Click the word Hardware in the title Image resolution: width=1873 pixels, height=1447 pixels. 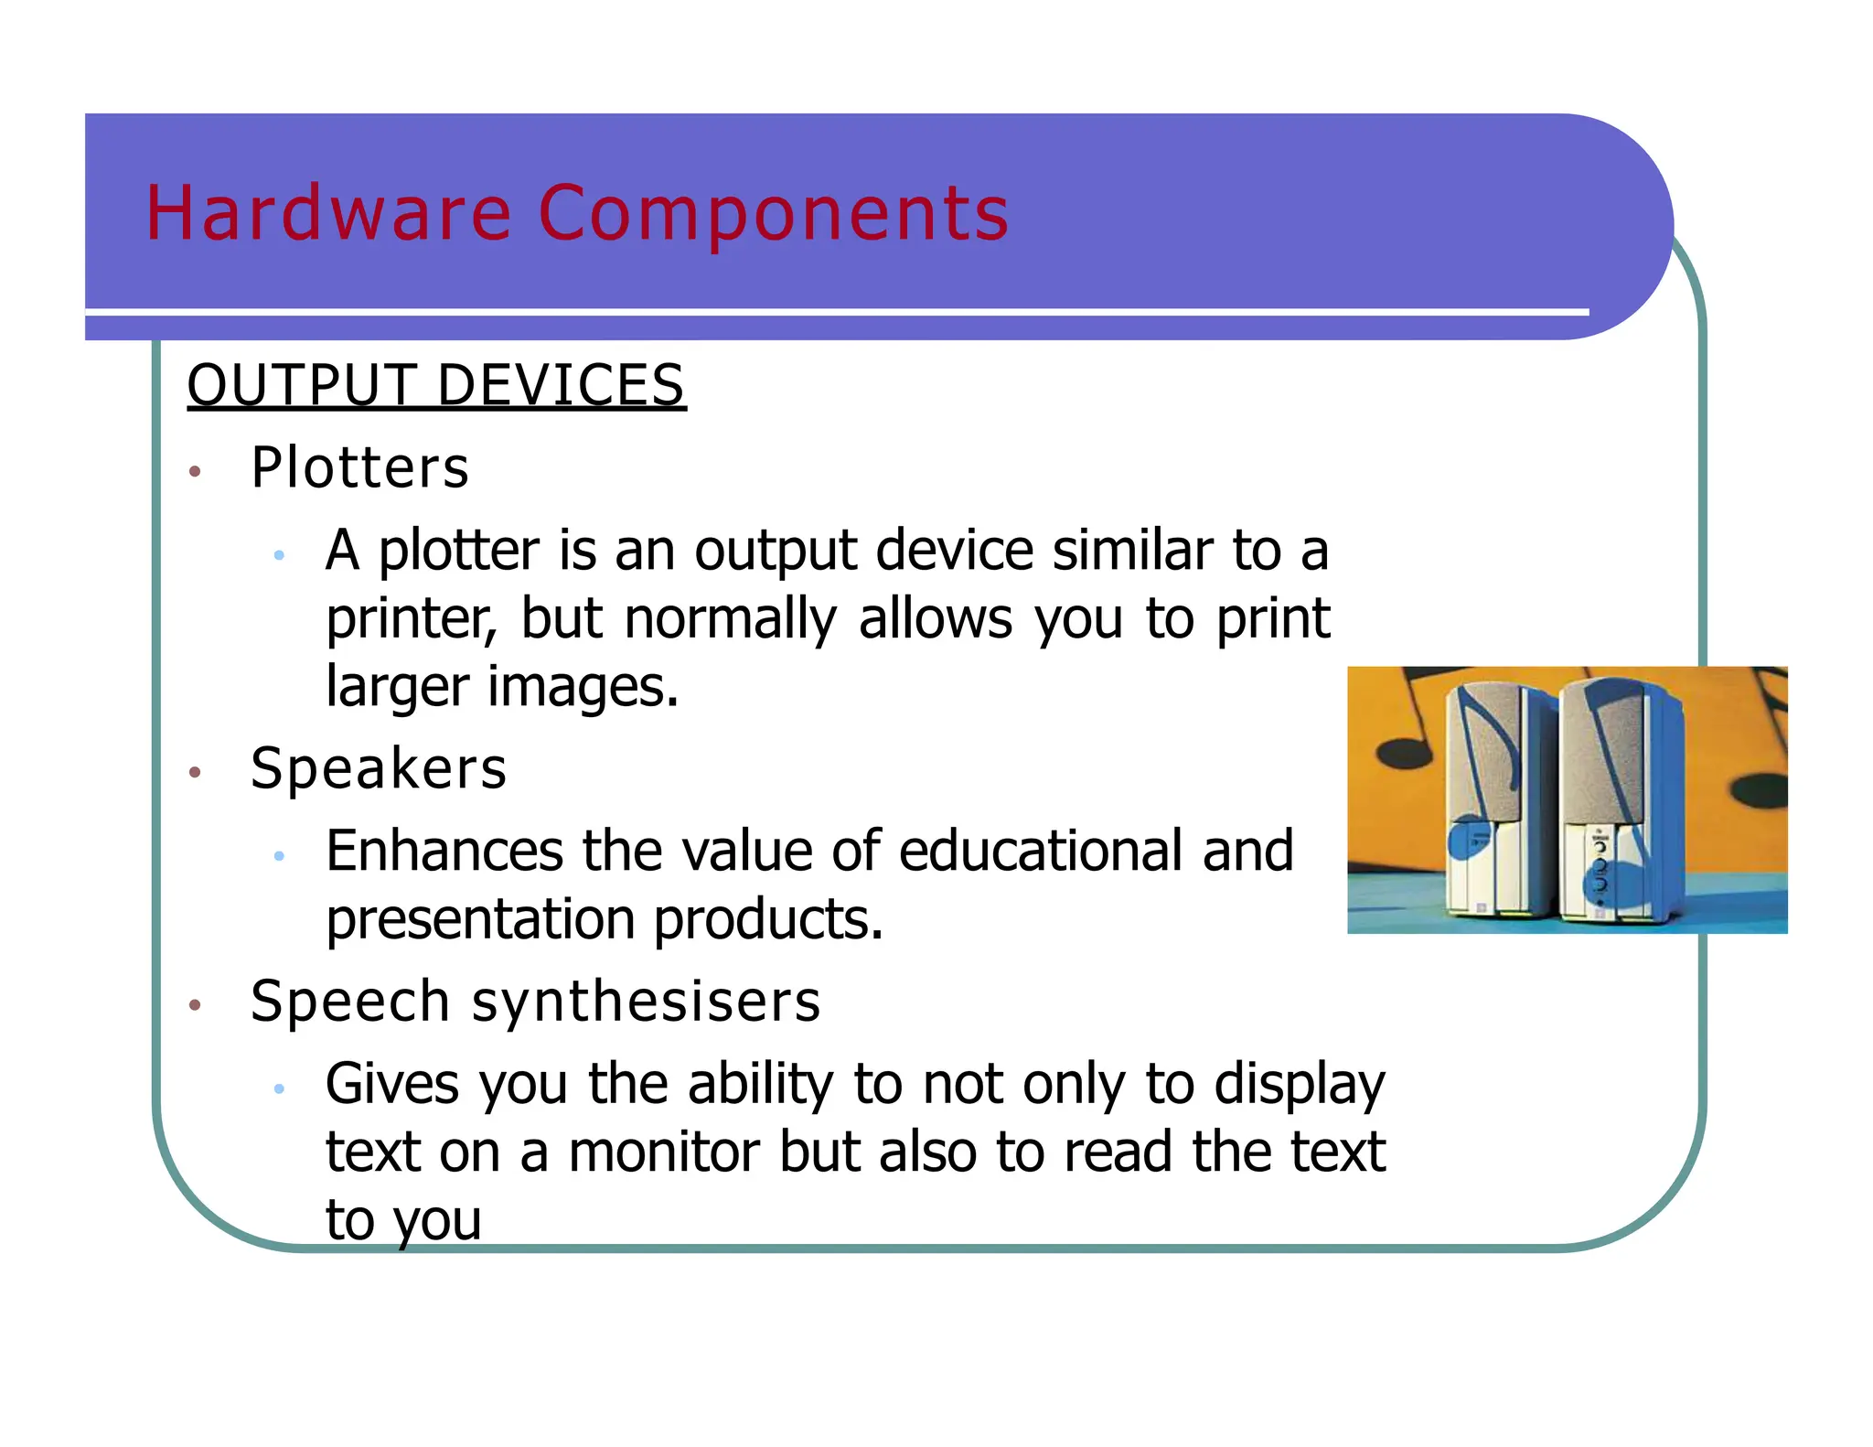coord(328,213)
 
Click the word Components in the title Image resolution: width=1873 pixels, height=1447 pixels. coord(773,213)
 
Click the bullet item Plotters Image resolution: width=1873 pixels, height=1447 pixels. coord(359,467)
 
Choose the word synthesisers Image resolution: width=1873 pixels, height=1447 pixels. coord(646,1001)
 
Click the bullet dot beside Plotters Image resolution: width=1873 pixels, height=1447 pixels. coord(194,472)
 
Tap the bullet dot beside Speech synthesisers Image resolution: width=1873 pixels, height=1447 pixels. coord(194,1005)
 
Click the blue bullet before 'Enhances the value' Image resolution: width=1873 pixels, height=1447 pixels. coord(279,855)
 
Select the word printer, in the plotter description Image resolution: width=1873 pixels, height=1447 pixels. coord(412,618)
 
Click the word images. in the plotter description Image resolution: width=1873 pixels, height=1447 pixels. coord(583,687)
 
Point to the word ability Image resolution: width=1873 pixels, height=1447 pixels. coord(760,1084)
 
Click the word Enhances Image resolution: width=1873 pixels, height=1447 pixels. coord(444,851)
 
